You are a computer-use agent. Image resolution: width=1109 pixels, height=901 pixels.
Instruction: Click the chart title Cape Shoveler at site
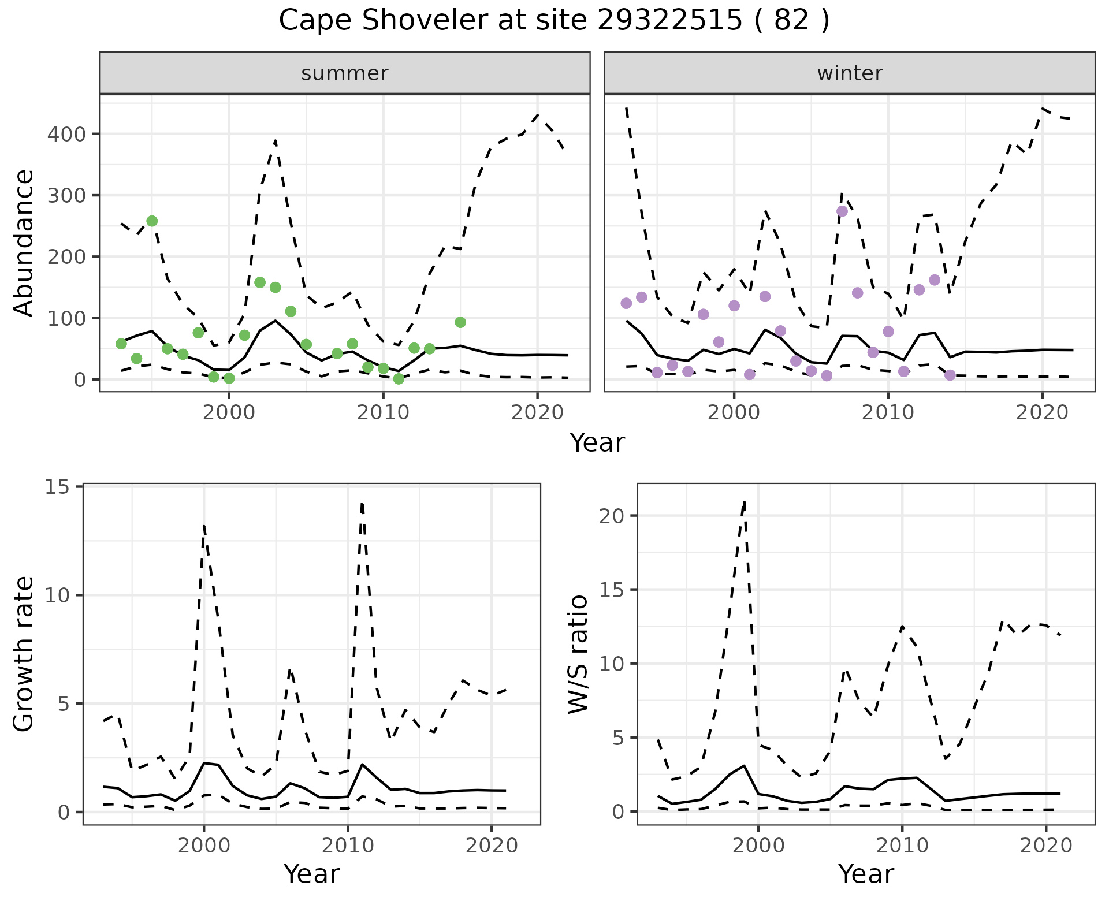tap(553, 21)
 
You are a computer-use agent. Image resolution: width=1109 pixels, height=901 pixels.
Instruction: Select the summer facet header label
tap(345, 73)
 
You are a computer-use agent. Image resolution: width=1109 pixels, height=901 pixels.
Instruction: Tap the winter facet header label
tap(850, 73)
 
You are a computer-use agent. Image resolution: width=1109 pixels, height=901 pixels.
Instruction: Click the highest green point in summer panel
tap(152, 221)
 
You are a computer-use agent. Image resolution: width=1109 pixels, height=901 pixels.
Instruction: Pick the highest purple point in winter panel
tap(842, 211)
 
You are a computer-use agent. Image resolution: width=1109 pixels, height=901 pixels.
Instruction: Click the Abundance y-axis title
tap(24, 243)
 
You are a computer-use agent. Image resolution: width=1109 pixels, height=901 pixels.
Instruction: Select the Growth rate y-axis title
tap(24, 654)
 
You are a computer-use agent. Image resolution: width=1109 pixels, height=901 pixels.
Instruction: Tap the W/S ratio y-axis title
tap(578, 654)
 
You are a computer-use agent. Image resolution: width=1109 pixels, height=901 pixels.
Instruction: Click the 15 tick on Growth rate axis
tap(56, 487)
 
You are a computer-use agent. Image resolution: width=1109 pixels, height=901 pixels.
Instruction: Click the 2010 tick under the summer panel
tap(383, 412)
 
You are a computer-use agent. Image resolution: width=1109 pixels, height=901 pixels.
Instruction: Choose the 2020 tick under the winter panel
tap(1042, 412)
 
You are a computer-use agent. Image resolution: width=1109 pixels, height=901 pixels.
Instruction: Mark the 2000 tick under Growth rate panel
tap(203, 846)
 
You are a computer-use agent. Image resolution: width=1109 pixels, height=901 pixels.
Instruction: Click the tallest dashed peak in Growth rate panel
tap(362, 504)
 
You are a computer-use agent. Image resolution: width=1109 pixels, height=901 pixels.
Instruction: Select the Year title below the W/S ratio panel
tap(866, 874)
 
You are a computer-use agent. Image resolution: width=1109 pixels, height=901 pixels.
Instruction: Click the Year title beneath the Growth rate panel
tap(311, 874)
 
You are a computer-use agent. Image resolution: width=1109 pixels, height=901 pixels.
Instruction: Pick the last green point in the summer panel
tap(460, 322)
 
